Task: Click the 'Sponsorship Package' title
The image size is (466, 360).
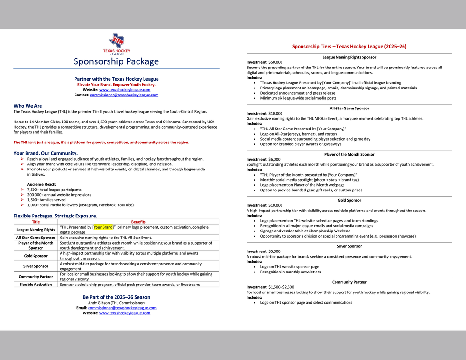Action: point(116,61)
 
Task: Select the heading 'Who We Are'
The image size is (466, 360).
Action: point(27,106)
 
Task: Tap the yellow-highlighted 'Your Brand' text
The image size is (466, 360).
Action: point(103,227)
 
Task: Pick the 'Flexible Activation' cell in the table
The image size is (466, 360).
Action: point(36,285)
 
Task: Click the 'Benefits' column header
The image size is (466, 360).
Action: point(138,222)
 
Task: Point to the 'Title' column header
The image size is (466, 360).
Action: point(35,222)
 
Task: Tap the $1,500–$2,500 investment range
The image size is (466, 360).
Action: point(281,287)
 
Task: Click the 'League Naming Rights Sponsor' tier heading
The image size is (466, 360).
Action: point(349,57)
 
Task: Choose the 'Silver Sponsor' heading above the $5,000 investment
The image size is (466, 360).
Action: point(349,246)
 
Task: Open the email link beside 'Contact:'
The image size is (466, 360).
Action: point(124,95)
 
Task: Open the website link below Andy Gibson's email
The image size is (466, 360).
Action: point(124,313)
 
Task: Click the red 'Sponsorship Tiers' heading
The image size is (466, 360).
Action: point(349,47)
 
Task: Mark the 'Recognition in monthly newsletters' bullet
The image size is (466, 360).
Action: point(290,272)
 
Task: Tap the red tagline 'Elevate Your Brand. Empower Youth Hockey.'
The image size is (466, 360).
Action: point(116,85)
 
